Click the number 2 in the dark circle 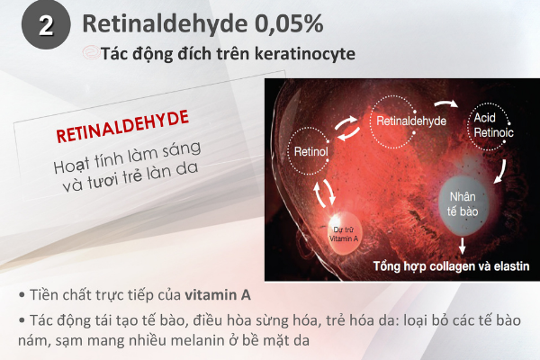[x=46, y=25]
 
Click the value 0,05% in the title [x=289, y=23]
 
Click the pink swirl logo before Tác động [x=91, y=53]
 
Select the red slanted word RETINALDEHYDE [x=122, y=126]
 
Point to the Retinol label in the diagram [x=311, y=151]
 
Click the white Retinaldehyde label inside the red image [x=411, y=121]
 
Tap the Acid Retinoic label [x=493, y=125]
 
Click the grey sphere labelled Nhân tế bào [x=463, y=205]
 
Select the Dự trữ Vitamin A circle [x=344, y=234]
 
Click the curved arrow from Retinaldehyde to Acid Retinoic [x=446, y=103]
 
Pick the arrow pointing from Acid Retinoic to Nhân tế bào [x=500, y=171]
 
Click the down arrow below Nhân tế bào [x=463, y=246]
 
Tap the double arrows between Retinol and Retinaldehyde [x=347, y=128]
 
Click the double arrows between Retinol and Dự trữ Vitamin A [x=324, y=193]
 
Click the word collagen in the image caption [x=454, y=266]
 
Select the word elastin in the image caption [x=511, y=266]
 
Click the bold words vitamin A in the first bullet [x=218, y=295]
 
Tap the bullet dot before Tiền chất [x=22, y=295]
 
